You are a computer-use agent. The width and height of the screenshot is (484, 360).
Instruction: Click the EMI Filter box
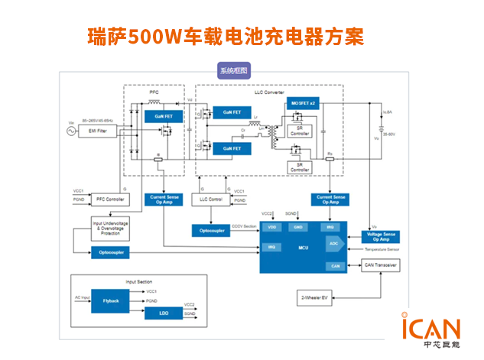tap(97, 131)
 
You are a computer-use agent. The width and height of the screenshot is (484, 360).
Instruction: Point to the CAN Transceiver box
tap(381, 265)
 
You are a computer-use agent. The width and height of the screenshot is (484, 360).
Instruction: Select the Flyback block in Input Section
tap(111, 301)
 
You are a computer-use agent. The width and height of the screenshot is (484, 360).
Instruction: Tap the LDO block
tap(164, 313)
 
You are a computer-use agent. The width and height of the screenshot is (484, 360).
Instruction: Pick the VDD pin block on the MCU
tap(271, 227)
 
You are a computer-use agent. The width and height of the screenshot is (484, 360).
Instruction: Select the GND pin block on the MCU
tap(298, 227)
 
